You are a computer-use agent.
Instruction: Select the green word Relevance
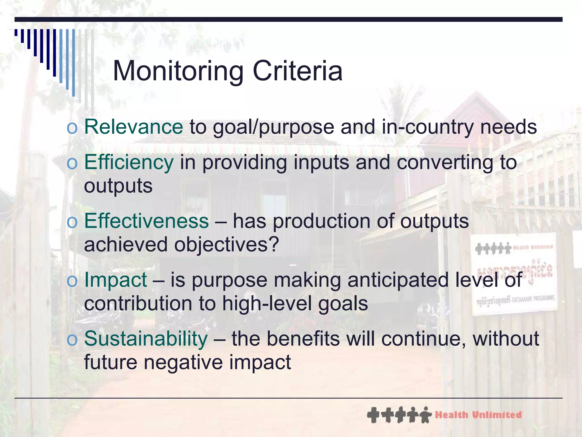[134, 127]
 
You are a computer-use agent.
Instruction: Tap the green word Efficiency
[129, 162]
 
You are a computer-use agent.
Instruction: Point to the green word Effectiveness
[146, 221]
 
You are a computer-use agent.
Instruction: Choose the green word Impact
[115, 280]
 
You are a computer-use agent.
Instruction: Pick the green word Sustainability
[146, 339]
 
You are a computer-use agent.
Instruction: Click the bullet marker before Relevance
[72, 128]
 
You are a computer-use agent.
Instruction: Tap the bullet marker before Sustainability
[72, 340]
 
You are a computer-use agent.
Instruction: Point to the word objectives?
[226, 245]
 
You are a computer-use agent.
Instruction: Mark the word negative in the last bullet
[183, 362]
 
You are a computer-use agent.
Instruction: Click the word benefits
[303, 339]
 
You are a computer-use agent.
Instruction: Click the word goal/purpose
[273, 127]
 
